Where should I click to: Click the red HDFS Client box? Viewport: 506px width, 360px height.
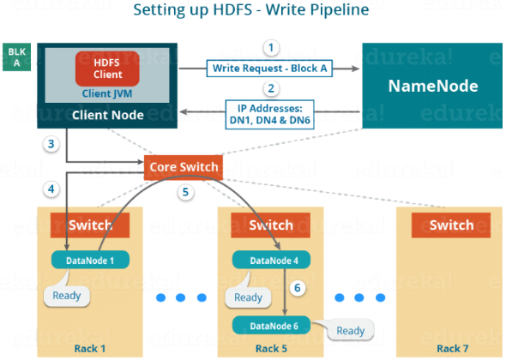pos(107,69)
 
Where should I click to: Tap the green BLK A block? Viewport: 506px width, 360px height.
pos(17,57)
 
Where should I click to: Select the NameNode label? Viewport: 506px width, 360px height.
pos(433,86)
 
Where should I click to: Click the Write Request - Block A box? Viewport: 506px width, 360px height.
pos(269,69)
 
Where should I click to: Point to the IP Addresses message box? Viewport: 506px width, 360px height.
pos(270,114)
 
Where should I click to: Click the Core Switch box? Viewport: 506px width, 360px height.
pos(184,167)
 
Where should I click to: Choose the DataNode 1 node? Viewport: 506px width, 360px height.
pos(90,260)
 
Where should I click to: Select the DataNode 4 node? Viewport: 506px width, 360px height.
pos(271,260)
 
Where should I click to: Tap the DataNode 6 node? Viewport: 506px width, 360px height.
pos(271,326)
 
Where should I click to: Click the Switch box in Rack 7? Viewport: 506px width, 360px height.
pos(451,225)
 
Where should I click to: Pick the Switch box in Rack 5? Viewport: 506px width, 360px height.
pos(271,225)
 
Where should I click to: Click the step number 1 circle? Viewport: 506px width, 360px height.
pos(271,48)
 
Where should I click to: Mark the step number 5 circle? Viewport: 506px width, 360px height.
pos(185,192)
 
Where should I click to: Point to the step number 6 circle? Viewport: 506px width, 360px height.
pos(298,288)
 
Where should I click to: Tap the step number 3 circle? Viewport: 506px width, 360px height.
pos(51,144)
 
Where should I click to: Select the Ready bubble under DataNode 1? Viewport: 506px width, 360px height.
pos(67,294)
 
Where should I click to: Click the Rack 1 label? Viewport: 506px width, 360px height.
pos(90,349)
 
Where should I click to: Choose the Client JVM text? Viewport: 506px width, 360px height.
pos(107,93)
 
